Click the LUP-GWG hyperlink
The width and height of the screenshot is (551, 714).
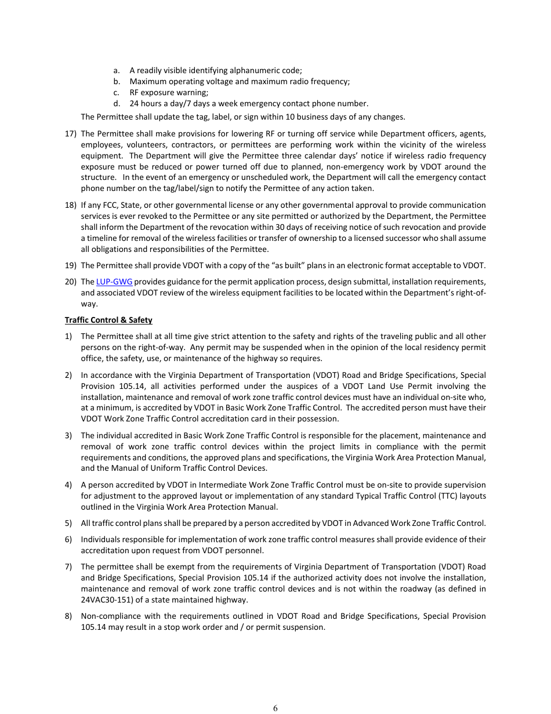pos(114,282)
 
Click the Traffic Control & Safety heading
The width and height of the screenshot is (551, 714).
pos(108,320)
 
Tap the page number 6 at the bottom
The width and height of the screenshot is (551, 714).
pos(275,708)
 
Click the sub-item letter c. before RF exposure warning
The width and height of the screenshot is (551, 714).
pos(117,92)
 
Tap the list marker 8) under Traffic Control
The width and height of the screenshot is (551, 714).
pos(68,616)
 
